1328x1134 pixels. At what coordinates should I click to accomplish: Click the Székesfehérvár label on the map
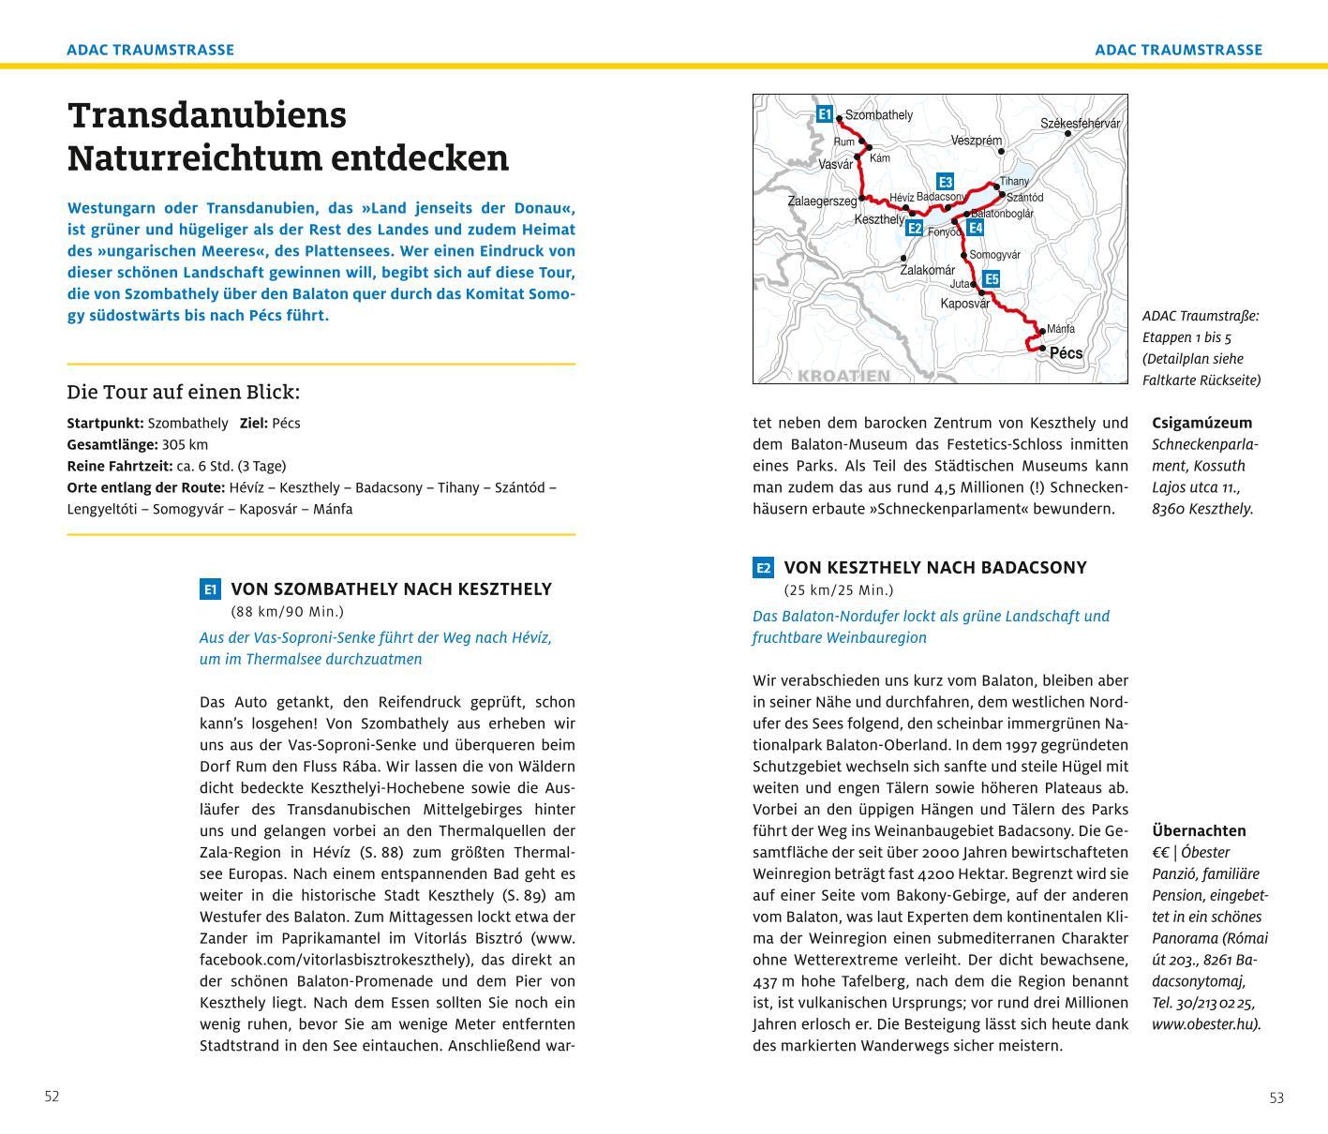(x=1080, y=124)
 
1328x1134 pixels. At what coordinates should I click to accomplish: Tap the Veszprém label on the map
(x=976, y=141)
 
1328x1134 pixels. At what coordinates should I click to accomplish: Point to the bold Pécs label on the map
(x=1066, y=353)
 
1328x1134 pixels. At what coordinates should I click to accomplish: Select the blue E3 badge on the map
(x=945, y=182)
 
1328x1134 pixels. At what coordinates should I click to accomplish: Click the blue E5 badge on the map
(x=992, y=279)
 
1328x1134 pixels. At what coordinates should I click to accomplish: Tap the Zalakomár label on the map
(x=927, y=270)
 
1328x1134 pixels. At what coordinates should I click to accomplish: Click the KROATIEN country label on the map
(x=843, y=376)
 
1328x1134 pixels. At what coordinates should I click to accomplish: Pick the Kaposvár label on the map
(x=964, y=304)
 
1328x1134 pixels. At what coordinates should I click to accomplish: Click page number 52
(x=52, y=1097)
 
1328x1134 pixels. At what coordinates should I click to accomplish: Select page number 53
(x=1276, y=1097)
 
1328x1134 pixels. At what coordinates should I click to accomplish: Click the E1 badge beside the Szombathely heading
(x=210, y=589)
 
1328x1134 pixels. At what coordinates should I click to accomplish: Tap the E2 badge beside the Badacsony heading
(x=763, y=568)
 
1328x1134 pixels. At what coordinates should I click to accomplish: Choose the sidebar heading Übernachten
(x=1199, y=830)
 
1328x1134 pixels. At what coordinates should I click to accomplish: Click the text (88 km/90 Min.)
(x=287, y=612)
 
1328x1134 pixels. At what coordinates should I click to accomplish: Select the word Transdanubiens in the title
(x=207, y=115)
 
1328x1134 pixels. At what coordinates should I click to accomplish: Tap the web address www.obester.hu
(x=1205, y=1024)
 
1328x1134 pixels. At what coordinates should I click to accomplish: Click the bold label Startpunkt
(x=105, y=424)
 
